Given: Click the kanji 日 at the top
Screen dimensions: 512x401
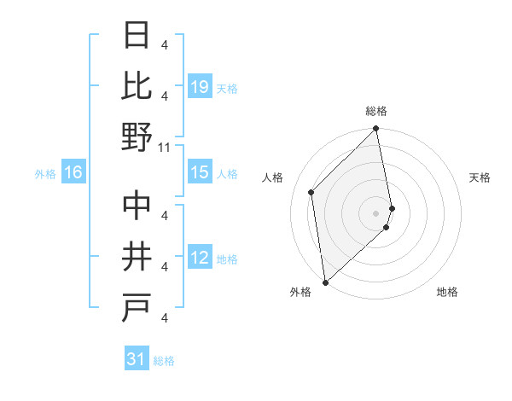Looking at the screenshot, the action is (x=137, y=38).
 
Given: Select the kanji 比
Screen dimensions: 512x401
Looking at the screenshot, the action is (x=137, y=85).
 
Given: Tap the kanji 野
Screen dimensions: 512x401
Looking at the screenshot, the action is (x=137, y=137).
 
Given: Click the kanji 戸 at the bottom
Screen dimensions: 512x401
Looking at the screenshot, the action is (x=137, y=307).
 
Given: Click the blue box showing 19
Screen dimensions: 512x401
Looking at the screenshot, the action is (x=200, y=87).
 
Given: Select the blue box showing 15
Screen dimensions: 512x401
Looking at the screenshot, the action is (x=200, y=172).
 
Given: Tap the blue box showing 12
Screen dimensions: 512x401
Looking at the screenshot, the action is (x=200, y=258).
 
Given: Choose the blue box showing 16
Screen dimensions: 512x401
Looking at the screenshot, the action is (x=73, y=173).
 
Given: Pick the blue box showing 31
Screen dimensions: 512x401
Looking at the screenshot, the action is (x=137, y=359).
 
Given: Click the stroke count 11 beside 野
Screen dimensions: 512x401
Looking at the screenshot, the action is (x=166, y=148).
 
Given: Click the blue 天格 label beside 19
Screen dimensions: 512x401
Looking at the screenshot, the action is (x=227, y=88).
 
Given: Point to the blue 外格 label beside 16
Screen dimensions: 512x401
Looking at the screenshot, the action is (x=45, y=174).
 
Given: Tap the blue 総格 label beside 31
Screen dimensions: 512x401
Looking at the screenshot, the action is (x=164, y=360).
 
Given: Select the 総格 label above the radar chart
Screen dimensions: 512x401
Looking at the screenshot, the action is (x=376, y=111).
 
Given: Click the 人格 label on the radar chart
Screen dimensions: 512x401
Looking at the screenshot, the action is (x=273, y=177).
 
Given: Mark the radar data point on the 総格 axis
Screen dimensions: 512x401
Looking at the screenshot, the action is (x=376, y=130).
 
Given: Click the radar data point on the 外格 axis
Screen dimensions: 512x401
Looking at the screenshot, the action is (x=325, y=281).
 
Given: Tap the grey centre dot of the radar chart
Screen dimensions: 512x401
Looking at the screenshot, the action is (x=376, y=212).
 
